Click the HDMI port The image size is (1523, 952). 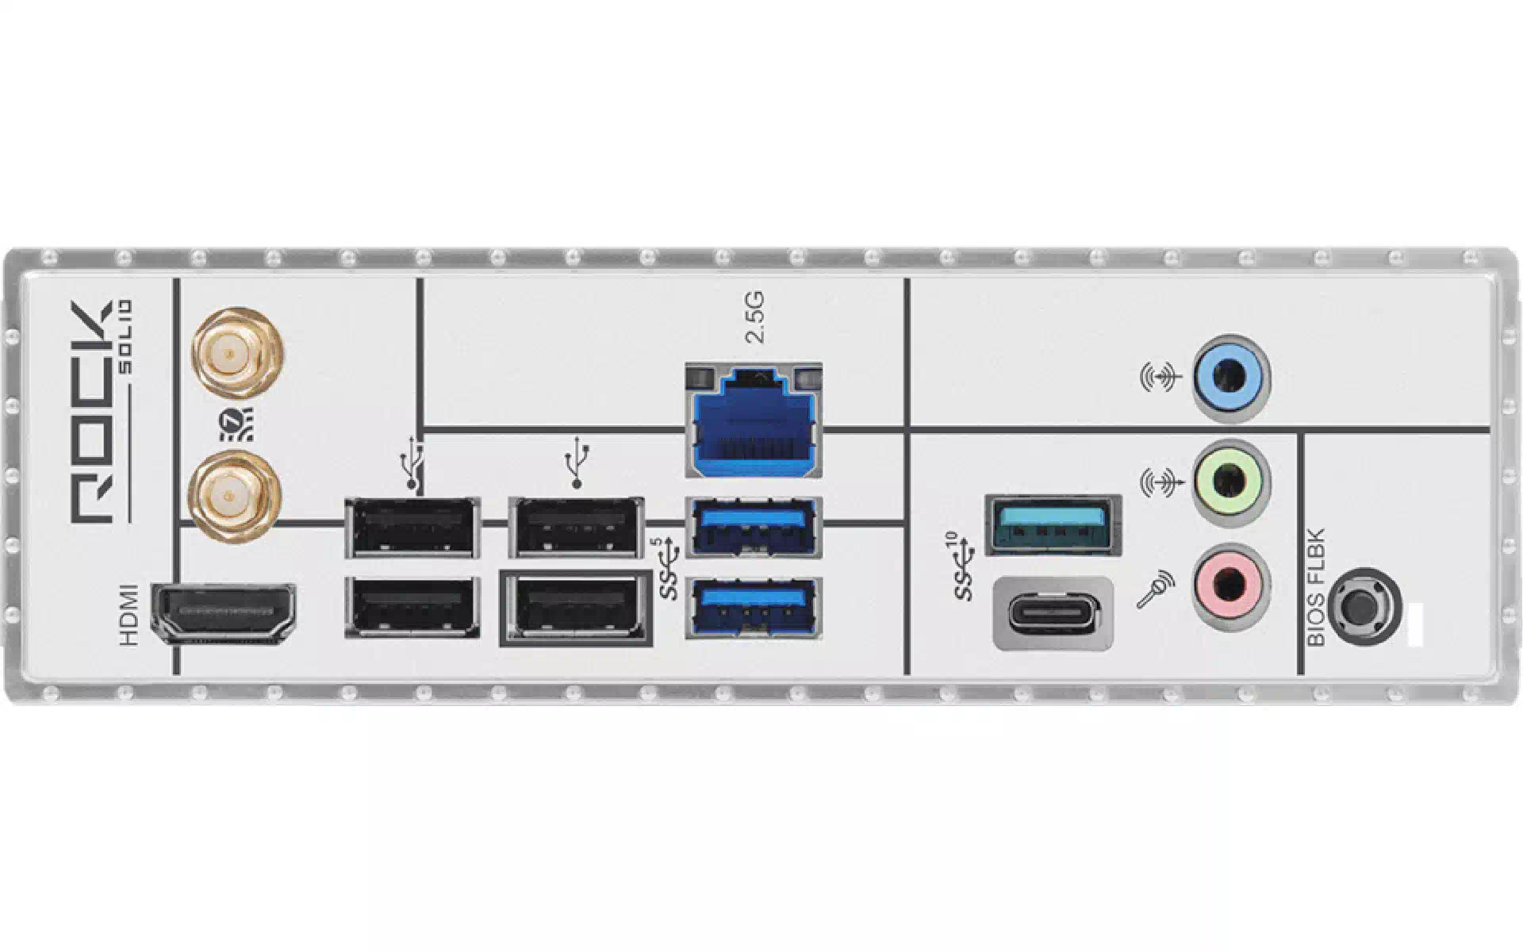pyautogui.click(x=223, y=612)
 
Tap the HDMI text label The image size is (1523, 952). pyautogui.click(x=129, y=615)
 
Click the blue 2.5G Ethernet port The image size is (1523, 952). pyautogui.click(x=752, y=420)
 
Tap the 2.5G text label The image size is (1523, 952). pyautogui.click(x=756, y=317)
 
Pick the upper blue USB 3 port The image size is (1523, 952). pyautogui.click(x=753, y=525)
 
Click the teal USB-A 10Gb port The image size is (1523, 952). pyautogui.click(x=1053, y=524)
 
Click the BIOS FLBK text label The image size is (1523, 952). pyautogui.click(x=1316, y=588)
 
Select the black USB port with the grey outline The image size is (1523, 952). pyautogui.click(x=575, y=608)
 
